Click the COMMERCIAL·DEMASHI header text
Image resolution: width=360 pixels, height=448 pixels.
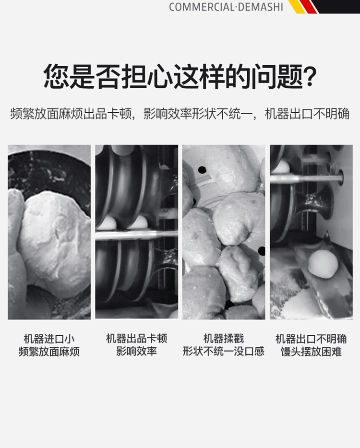(x=226, y=7)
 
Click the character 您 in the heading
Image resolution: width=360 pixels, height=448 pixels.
(x=56, y=76)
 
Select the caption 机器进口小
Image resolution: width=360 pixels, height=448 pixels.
(x=49, y=339)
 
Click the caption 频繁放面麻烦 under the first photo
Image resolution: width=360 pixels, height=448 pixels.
(x=49, y=352)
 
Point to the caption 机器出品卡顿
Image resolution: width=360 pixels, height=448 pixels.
(x=136, y=339)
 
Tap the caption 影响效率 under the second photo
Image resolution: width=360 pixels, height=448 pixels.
(x=136, y=351)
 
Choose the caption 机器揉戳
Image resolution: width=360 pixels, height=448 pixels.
(x=224, y=339)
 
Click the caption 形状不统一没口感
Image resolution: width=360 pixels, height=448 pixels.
(x=224, y=351)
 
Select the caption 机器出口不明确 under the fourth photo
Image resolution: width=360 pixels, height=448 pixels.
(x=311, y=339)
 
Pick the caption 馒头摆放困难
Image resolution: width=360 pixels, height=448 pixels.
(x=311, y=352)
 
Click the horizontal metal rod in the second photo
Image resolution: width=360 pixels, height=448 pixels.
(x=136, y=235)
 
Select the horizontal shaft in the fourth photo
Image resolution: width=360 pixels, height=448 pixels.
(x=306, y=178)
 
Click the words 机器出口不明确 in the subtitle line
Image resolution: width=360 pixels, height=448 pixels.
(x=307, y=114)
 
